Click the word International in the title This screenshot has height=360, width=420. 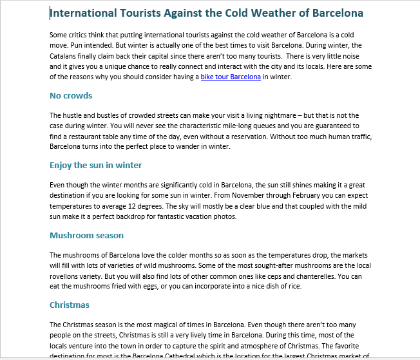tap(82, 13)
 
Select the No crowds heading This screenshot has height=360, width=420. tap(71, 96)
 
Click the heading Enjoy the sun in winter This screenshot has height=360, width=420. tap(96, 166)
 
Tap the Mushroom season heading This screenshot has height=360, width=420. tap(86, 235)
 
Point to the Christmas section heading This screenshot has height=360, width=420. tap(70, 305)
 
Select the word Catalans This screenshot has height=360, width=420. tap(65, 56)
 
